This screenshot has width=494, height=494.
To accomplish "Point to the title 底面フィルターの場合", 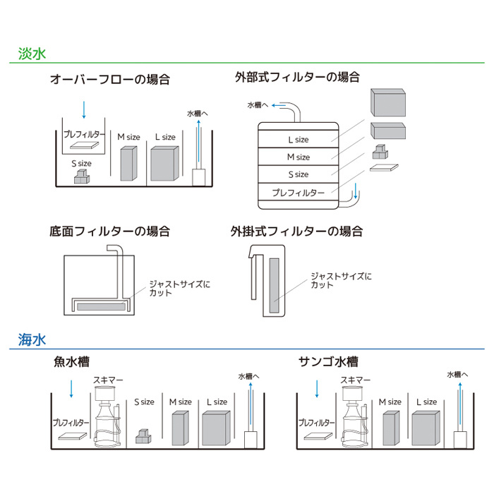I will click(x=109, y=231).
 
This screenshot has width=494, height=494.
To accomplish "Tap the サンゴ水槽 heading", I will click(x=328, y=362).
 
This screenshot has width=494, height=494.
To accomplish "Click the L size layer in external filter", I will click(x=299, y=140).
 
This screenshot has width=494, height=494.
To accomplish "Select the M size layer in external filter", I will click(x=299, y=157).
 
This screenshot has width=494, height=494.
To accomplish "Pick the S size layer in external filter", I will click(x=299, y=174).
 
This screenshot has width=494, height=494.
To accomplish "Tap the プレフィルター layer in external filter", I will click(x=299, y=192).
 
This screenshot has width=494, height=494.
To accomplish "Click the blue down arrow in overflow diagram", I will click(x=84, y=109).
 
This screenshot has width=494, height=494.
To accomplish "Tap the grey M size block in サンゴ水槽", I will click(x=392, y=427).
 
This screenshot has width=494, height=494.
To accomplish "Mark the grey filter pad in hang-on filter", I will click(x=274, y=285).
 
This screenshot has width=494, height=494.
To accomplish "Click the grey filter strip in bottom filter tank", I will click(x=102, y=306).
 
